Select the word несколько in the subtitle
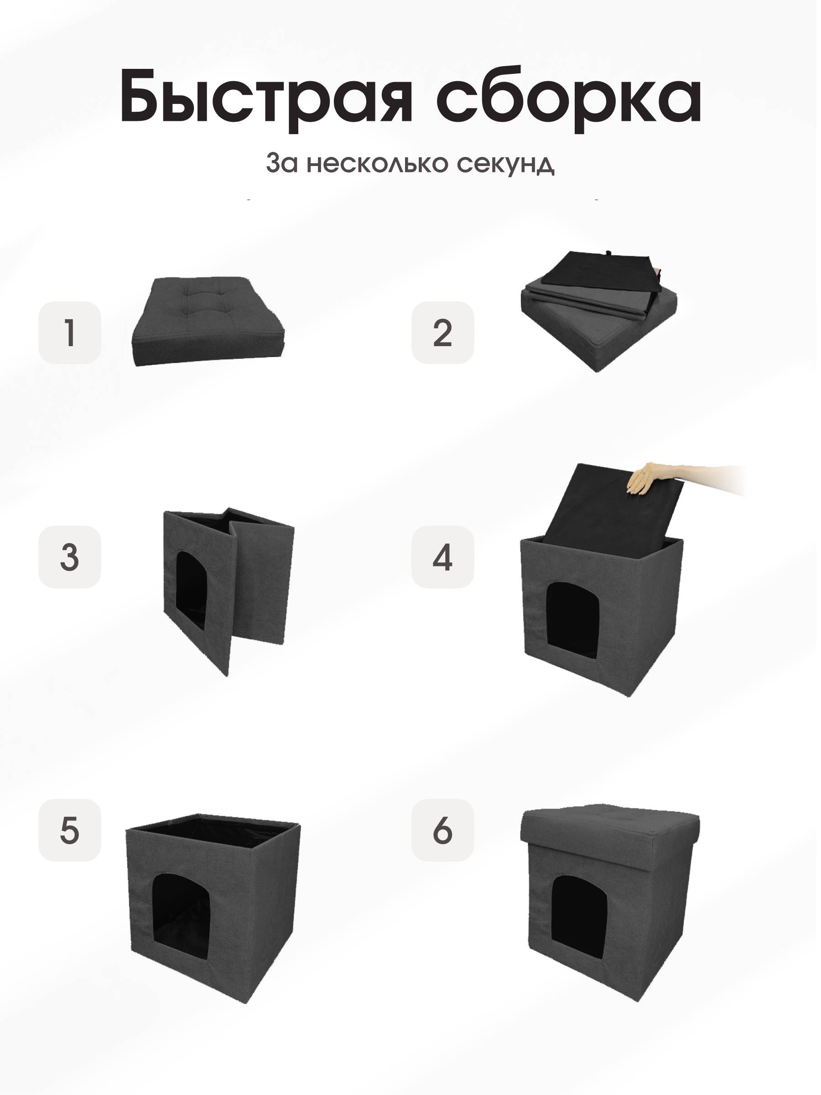[377, 163]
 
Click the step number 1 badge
[70, 332]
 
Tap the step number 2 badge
[442, 332]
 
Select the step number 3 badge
[70, 557]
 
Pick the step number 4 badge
[442, 557]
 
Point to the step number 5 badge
[70, 830]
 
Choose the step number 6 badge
[442, 830]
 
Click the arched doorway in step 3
[191, 589]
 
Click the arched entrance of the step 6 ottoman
[579, 911]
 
